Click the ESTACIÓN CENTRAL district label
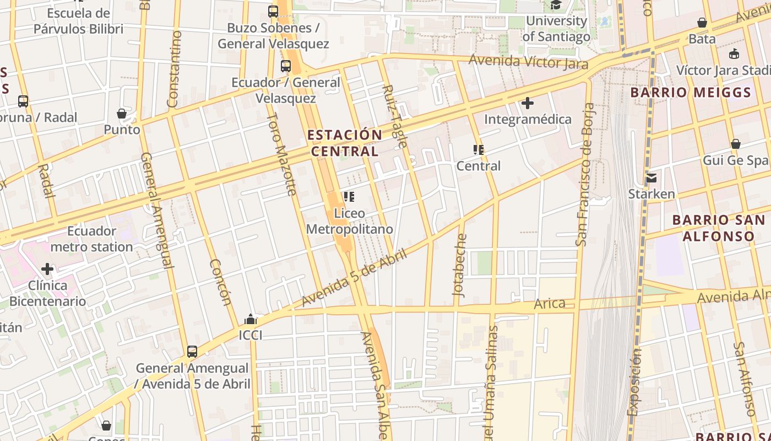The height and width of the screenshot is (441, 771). point(345,143)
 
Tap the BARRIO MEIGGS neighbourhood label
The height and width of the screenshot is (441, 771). point(691,93)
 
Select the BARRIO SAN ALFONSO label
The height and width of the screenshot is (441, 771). point(718,228)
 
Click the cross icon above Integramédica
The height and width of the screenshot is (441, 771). point(528,103)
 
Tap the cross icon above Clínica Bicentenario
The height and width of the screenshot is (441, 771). point(47,269)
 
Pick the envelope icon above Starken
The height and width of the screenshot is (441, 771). point(651,178)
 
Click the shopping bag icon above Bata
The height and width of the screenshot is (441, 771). point(702,23)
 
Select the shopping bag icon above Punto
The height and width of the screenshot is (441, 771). point(122,114)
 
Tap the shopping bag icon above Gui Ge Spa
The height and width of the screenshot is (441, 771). point(735,144)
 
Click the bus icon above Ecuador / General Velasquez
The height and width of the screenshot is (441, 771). point(286,66)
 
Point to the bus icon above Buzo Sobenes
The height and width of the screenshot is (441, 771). point(273,11)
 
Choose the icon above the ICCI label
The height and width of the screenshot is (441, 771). point(251,319)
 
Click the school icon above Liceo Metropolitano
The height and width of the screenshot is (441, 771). point(349,196)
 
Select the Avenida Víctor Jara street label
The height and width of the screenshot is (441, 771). point(528,61)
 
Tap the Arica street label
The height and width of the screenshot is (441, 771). point(550,303)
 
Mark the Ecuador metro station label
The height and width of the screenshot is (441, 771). point(91,239)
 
